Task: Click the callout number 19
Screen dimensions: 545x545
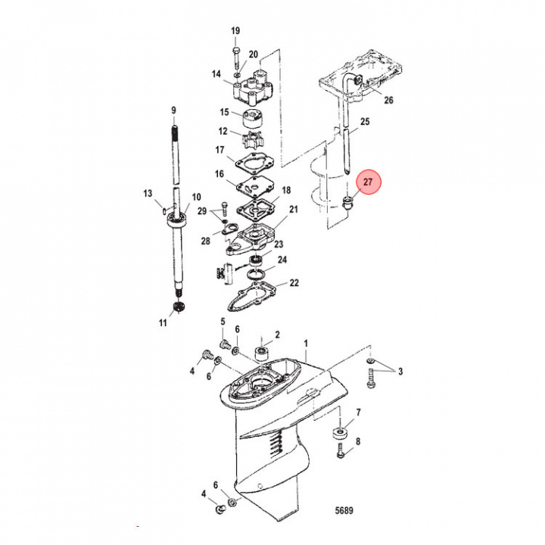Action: [235, 30]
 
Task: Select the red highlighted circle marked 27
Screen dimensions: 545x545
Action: [368, 183]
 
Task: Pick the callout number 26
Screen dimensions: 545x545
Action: [388, 100]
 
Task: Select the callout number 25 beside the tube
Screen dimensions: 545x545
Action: [365, 122]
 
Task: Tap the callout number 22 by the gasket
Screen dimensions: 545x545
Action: [294, 283]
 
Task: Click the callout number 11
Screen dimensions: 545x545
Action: [163, 323]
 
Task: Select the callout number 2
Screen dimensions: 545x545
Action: [277, 334]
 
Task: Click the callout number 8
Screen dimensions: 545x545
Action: [358, 441]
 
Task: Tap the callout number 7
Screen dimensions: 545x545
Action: [358, 413]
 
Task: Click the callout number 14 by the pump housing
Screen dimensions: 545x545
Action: [216, 74]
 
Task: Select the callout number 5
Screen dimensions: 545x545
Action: [223, 322]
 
